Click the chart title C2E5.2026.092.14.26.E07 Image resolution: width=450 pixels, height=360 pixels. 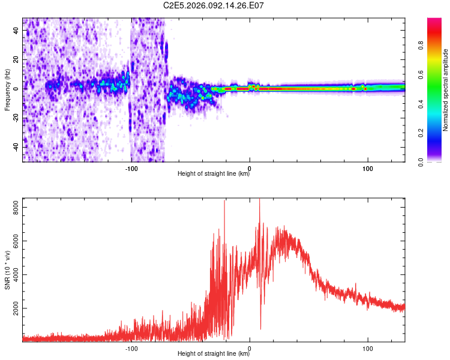coord(214,5)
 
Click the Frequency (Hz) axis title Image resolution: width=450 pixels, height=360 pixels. coord(7,90)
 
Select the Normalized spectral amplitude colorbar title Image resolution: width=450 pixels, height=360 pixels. coord(446,91)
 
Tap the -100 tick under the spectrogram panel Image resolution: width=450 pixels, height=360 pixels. coord(131,168)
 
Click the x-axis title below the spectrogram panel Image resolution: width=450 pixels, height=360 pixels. coord(214,175)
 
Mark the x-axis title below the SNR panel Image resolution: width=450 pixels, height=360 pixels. coord(214,355)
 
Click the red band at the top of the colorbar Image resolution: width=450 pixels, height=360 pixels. coord(434,24)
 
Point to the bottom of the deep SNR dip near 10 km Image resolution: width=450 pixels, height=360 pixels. coord(260,329)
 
